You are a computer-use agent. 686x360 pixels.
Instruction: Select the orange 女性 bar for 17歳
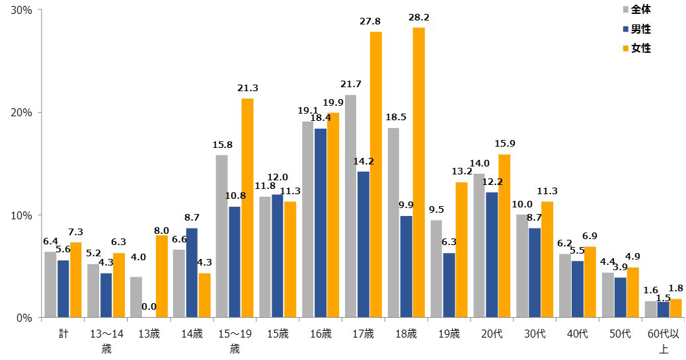click(x=376, y=174)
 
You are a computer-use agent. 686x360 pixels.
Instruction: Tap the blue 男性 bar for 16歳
click(x=321, y=223)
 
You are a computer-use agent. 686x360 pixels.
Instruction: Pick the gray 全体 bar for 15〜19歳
click(x=221, y=236)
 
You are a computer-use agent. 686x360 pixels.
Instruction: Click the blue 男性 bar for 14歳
click(x=192, y=272)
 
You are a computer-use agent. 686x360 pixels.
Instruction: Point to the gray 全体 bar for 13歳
click(x=135, y=297)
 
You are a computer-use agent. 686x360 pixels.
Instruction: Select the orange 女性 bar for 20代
click(x=504, y=236)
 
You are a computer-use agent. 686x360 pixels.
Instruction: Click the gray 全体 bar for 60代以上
click(x=651, y=309)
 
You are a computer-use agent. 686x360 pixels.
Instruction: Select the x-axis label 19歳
click(x=449, y=335)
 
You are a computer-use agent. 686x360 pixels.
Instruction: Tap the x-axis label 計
click(x=63, y=335)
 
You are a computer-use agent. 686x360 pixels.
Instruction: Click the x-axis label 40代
click(x=578, y=335)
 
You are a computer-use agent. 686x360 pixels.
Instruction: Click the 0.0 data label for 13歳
click(x=149, y=306)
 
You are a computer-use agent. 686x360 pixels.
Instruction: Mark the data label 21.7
click(x=350, y=85)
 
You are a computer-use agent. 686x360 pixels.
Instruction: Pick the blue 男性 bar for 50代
click(x=620, y=297)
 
